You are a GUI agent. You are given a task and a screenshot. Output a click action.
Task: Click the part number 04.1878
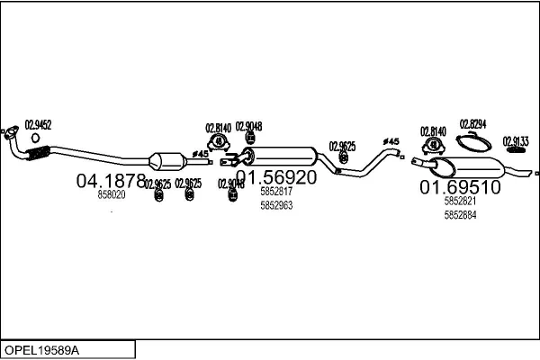click(x=111, y=180)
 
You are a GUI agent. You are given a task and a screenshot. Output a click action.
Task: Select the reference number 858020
click(x=112, y=193)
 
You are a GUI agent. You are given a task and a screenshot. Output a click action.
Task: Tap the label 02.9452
click(x=38, y=125)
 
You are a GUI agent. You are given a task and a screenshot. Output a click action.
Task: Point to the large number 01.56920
click(x=276, y=178)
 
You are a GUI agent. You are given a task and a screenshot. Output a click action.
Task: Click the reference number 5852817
click(x=276, y=192)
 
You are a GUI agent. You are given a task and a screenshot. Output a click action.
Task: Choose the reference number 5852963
click(x=276, y=204)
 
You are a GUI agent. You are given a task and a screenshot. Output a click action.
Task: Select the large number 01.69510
click(x=460, y=188)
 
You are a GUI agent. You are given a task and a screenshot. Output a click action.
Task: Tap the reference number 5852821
click(x=460, y=202)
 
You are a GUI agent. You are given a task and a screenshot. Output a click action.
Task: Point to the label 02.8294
click(x=473, y=123)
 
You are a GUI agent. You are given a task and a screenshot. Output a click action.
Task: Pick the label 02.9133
click(x=516, y=140)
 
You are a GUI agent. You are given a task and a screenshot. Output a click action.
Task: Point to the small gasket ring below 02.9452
click(x=35, y=139)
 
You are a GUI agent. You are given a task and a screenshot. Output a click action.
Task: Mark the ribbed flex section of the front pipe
click(x=32, y=158)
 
